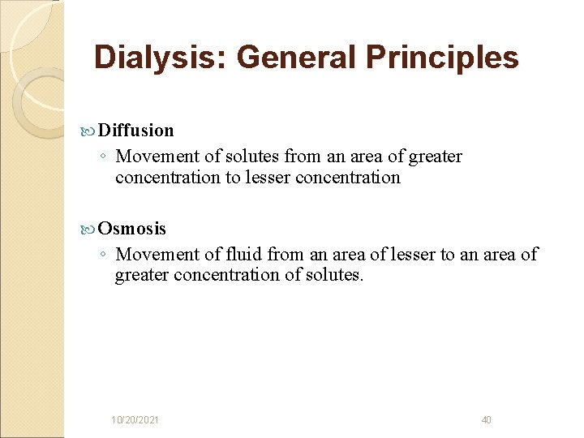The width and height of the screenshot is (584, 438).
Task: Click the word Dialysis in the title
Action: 160,58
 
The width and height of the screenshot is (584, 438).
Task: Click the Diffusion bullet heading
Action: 135,130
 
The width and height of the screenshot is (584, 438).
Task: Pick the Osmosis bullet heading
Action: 131,229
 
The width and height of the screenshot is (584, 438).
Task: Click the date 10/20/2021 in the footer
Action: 135,419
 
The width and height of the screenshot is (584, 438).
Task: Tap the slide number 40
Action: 486,419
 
